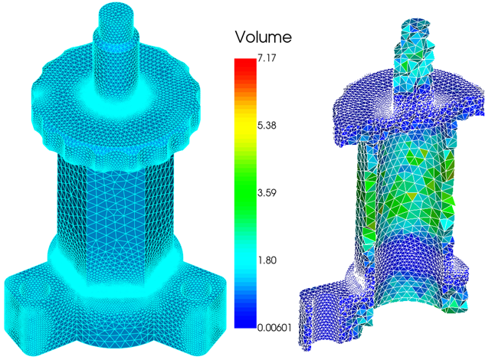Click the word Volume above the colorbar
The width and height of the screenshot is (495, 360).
pos(263,37)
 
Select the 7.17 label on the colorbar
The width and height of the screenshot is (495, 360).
pos(267,58)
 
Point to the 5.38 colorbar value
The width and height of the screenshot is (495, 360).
pos(267,126)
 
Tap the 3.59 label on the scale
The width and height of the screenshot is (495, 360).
pos(267,193)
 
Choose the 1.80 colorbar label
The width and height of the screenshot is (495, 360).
pos(267,260)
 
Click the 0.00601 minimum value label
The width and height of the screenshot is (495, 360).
pos(274,328)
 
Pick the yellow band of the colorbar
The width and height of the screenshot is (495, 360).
pos(245,126)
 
